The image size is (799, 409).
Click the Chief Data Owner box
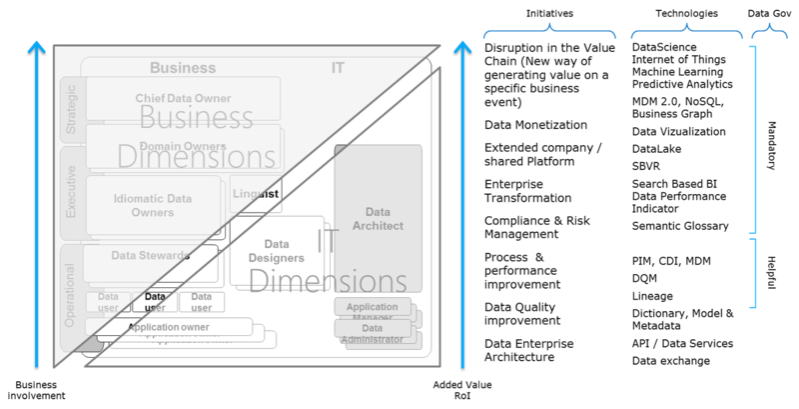pyautogui.click(x=183, y=98)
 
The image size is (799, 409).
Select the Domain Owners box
pyautogui.click(x=183, y=146)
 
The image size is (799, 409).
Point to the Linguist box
pyautogui.click(x=255, y=193)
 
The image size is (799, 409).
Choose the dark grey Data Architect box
pyautogui.click(x=378, y=218)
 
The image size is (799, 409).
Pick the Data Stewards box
pyautogui.click(x=150, y=256)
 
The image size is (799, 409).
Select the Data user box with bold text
pyautogui.click(x=155, y=301)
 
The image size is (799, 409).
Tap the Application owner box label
pyautogui.click(x=168, y=326)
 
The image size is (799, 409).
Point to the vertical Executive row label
pyautogui.click(x=71, y=193)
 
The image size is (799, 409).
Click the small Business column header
pyautogui.click(x=183, y=68)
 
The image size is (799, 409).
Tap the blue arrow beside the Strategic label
pyautogui.click(x=37, y=200)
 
